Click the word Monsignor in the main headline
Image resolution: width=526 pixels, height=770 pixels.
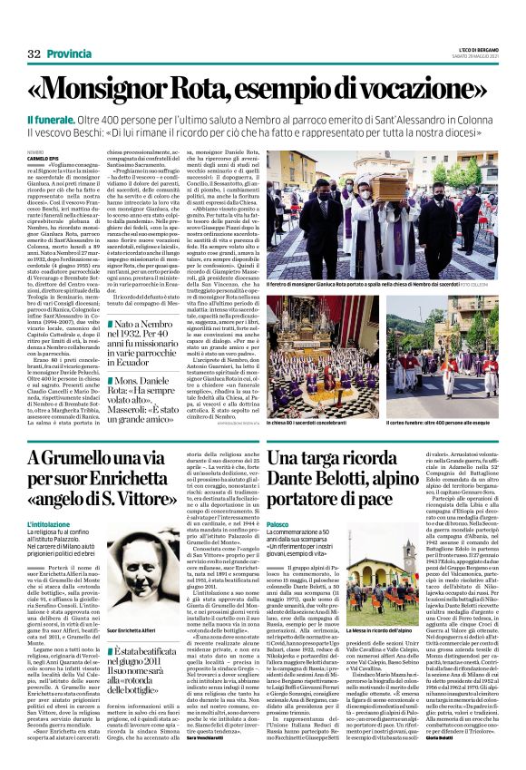click(154, 87)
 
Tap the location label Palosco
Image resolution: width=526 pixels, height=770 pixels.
click(278, 524)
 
